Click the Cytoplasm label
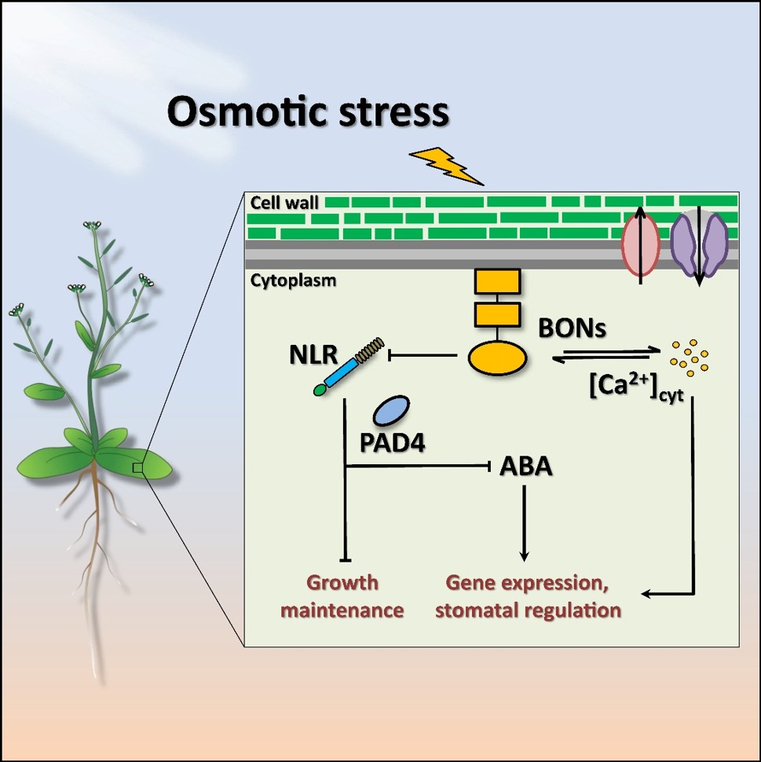tap(294, 280)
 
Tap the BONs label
tap(573, 329)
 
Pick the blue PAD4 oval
tap(391, 412)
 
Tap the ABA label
tap(526, 467)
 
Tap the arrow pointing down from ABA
tap(525, 522)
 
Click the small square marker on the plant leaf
tap(137, 467)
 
